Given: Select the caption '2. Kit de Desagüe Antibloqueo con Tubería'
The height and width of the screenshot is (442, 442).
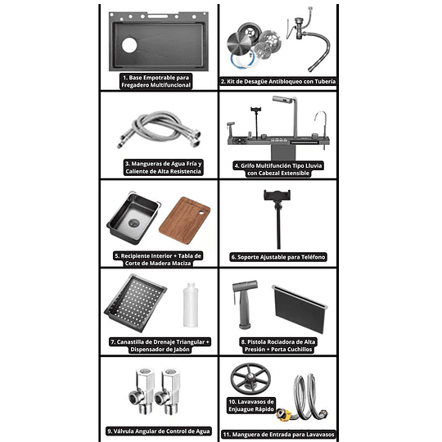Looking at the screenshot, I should click(278, 82).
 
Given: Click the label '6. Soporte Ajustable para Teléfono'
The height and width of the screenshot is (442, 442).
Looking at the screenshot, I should click(278, 257).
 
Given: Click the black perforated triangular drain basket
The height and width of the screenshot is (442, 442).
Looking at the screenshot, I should click(136, 303).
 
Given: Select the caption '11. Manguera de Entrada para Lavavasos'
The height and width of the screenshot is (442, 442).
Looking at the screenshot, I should click(278, 434).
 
